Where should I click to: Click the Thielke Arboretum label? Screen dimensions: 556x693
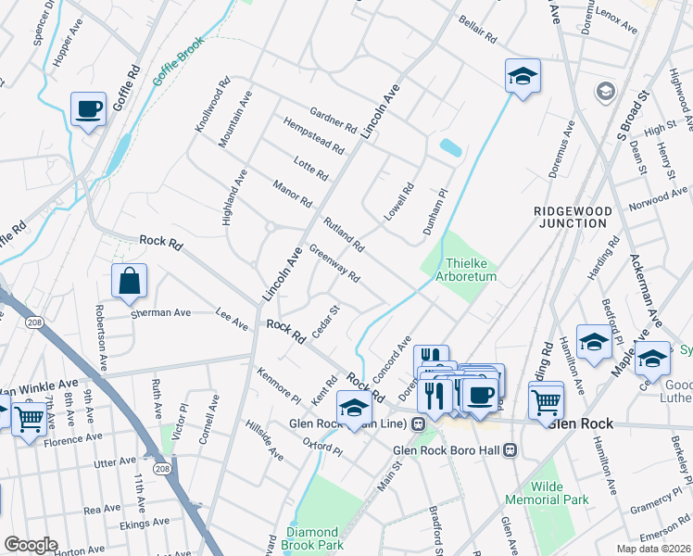(471, 270)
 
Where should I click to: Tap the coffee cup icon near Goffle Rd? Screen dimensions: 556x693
(88, 110)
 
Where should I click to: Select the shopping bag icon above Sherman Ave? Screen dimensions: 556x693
(130, 281)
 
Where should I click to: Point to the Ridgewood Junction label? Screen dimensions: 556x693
(573, 217)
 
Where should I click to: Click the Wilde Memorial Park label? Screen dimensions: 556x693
(561, 493)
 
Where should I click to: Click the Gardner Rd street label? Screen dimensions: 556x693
(334, 118)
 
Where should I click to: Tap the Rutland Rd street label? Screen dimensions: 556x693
(344, 235)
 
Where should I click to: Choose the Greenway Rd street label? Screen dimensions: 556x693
(334, 264)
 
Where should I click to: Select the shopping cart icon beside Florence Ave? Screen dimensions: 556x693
(29, 421)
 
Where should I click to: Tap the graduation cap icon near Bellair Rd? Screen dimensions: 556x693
(523, 77)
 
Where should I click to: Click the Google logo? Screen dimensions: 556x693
(31, 545)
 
